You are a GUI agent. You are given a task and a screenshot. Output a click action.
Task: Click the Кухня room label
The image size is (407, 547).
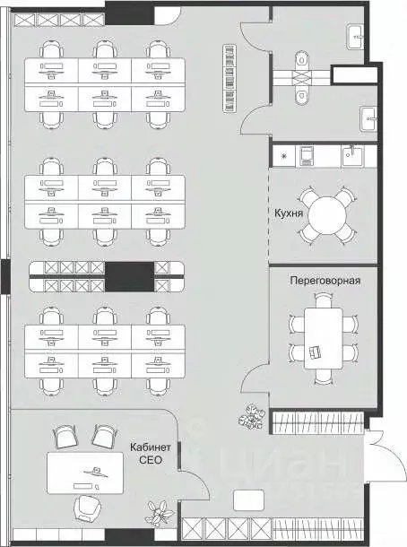(287, 214)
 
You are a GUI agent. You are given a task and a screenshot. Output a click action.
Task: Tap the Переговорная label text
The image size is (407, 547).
(325, 280)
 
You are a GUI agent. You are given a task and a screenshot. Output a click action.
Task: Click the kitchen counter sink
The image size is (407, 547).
(352, 156)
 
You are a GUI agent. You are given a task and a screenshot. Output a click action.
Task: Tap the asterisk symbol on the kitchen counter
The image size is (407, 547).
(284, 158)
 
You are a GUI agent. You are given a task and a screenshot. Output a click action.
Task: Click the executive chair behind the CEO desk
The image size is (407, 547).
(86, 507)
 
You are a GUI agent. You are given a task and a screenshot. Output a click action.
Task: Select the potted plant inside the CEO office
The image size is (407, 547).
(161, 517)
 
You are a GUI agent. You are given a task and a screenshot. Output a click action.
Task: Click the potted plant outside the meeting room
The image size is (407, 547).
(250, 415)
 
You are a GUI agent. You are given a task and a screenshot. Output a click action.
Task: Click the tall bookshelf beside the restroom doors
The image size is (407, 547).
(229, 78)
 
